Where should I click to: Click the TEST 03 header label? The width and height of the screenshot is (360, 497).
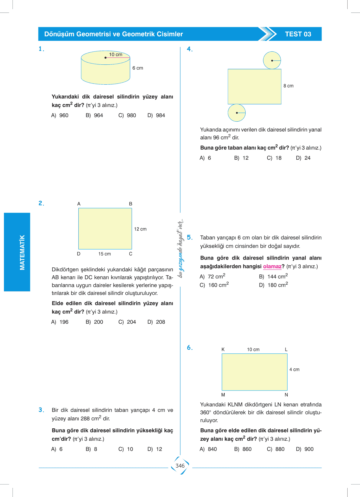pyautogui.click(x=298, y=34)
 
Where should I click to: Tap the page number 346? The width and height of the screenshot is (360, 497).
pyautogui.click(x=180, y=466)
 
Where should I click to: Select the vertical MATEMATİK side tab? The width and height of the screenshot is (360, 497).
pyautogui.click(x=22, y=252)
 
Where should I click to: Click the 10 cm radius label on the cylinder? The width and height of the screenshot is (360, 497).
pyautogui.click(x=116, y=54)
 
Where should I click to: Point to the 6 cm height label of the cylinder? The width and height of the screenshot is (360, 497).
pyautogui.click(x=138, y=68)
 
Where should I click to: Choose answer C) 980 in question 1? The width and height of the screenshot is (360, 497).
pyautogui.click(x=127, y=115)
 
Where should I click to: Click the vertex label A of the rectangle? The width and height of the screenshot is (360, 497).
pyautogui.click(x=79, y=204)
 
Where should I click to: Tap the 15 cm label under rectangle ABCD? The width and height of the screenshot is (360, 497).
pyautogui.click(x=104, y=254)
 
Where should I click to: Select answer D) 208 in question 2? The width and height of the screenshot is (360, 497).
pyautogui.click(x=156, y=322)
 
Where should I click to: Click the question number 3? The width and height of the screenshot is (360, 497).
pyautogui.click(x=41, y=410)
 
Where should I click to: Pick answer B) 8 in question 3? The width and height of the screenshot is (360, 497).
pyautogui.click(x=91, y=449)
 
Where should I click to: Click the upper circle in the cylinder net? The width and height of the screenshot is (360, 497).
pyautogui.click(x=272, y=60)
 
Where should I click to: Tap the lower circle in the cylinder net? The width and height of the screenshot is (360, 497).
pyautogui.click(x=236, y=113)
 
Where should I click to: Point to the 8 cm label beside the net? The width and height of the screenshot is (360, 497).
pyautogui.click(x=288, y=86)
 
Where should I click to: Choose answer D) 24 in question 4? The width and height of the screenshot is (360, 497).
pyautogui.click(x=303, y=158)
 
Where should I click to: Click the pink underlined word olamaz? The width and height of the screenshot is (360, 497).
pyautogui.click(x=272, y=266)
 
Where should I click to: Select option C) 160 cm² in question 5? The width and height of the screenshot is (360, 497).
pyautogui.click(x=214, y=285)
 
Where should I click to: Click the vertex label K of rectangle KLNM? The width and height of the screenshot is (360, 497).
pyautogui.click(x=223, y=349)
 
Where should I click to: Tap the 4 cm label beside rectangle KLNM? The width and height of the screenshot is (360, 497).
pyautogui.click(x=294, y=369)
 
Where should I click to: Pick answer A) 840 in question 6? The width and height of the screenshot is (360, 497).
pyautogui.click(x=208, y=449)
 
